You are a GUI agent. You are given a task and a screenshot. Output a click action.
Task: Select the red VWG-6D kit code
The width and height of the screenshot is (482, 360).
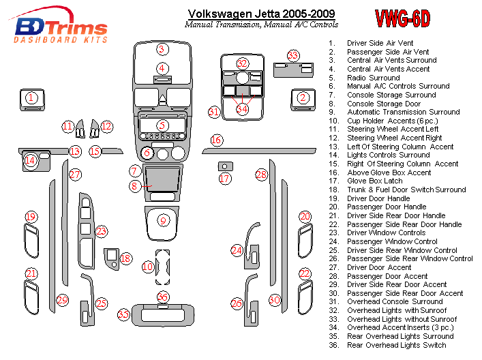[402, 19]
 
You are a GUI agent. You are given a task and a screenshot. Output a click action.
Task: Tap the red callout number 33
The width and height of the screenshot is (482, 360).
[293, 55]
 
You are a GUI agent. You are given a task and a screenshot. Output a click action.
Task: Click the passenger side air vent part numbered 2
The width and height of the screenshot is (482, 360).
[302, 98]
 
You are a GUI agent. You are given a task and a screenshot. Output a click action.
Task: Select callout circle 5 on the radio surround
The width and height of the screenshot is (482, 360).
[162, 125]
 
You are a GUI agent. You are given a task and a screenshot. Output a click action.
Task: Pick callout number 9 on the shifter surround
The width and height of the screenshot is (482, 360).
[162, 220]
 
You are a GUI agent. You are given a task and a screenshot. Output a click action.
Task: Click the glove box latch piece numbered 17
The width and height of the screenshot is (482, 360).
[224, 166]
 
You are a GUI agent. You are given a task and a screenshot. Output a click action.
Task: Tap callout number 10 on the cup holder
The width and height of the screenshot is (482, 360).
[148, 267]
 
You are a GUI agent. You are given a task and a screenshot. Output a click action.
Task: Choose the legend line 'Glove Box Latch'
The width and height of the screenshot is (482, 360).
[376, 181]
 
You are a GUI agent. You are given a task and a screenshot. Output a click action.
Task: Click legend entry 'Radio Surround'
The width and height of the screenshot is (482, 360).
[373, 78]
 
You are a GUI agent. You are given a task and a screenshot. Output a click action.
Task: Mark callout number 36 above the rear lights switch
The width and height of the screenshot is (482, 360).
[162, 297]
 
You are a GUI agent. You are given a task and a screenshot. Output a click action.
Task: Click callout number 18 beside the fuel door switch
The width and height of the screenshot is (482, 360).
[125, 258]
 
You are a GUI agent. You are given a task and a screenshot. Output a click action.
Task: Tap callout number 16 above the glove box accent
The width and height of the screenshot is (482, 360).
[216, 140]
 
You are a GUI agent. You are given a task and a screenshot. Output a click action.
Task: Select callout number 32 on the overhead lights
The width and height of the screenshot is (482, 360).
[241, 63]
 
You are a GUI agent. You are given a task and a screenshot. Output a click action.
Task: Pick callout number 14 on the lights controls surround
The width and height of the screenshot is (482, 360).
[30, 161]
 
